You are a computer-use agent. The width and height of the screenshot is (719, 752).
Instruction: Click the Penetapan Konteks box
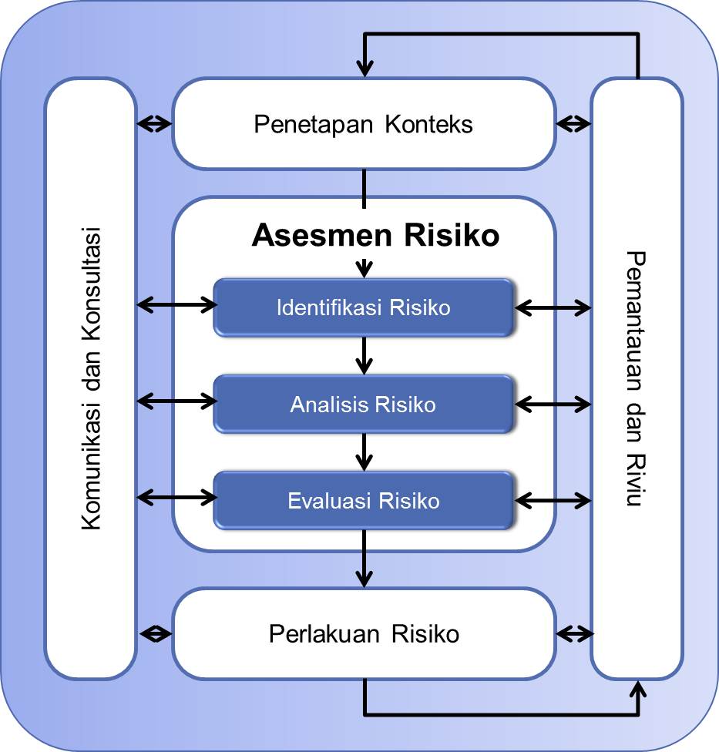(363, 124)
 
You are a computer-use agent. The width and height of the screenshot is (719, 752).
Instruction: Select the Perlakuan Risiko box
(363, 633)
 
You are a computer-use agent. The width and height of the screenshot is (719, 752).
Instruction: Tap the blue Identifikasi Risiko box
(363, 307)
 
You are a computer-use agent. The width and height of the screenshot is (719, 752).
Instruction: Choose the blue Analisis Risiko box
(363, 404)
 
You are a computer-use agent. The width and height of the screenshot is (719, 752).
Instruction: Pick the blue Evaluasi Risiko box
(363, 501)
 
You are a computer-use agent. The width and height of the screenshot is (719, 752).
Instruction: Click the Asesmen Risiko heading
(375, 236)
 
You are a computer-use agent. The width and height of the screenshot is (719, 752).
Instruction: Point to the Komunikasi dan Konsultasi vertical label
(91, 378)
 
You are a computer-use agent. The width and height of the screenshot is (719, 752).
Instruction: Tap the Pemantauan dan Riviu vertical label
(635, 378)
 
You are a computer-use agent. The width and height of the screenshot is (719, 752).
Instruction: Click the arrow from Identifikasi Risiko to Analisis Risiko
(364, 355)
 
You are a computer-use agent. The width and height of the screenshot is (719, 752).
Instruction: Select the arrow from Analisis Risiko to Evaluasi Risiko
(364, 452)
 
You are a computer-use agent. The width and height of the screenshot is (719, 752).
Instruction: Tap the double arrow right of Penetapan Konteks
(573, 123)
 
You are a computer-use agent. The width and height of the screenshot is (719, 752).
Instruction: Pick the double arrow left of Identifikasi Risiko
(176, 305)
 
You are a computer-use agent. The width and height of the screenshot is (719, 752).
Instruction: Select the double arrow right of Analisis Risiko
(553, 403)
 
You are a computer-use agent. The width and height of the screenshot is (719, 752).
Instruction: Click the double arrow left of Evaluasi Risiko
(176, 499)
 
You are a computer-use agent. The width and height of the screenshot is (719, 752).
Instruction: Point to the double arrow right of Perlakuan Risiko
(575, 633)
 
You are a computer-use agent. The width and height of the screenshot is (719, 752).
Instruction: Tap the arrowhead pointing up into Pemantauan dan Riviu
(638, 688)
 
